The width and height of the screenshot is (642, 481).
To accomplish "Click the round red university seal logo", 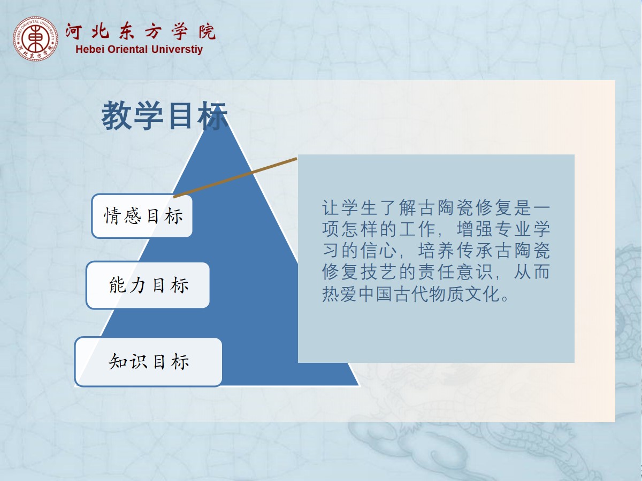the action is (35, 38).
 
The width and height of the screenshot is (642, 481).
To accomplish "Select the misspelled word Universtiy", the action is (177, 49).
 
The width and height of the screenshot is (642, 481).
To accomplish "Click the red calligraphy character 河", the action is (73, 32).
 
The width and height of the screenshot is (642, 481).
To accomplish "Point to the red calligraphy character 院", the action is (207, 32).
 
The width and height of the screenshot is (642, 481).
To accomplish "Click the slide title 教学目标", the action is (164, 115).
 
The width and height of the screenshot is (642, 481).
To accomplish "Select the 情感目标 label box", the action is (142, 216).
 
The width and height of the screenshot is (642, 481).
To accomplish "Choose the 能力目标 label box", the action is (148, 285).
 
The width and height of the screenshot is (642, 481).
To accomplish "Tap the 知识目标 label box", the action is (149, 362).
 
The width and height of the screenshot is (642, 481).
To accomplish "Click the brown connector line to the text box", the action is (235, 177).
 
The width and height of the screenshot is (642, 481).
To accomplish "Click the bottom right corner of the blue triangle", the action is (359, 385).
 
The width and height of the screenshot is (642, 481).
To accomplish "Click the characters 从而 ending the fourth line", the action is (532, 272).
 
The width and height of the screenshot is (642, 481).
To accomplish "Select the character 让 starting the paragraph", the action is (331, 208).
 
